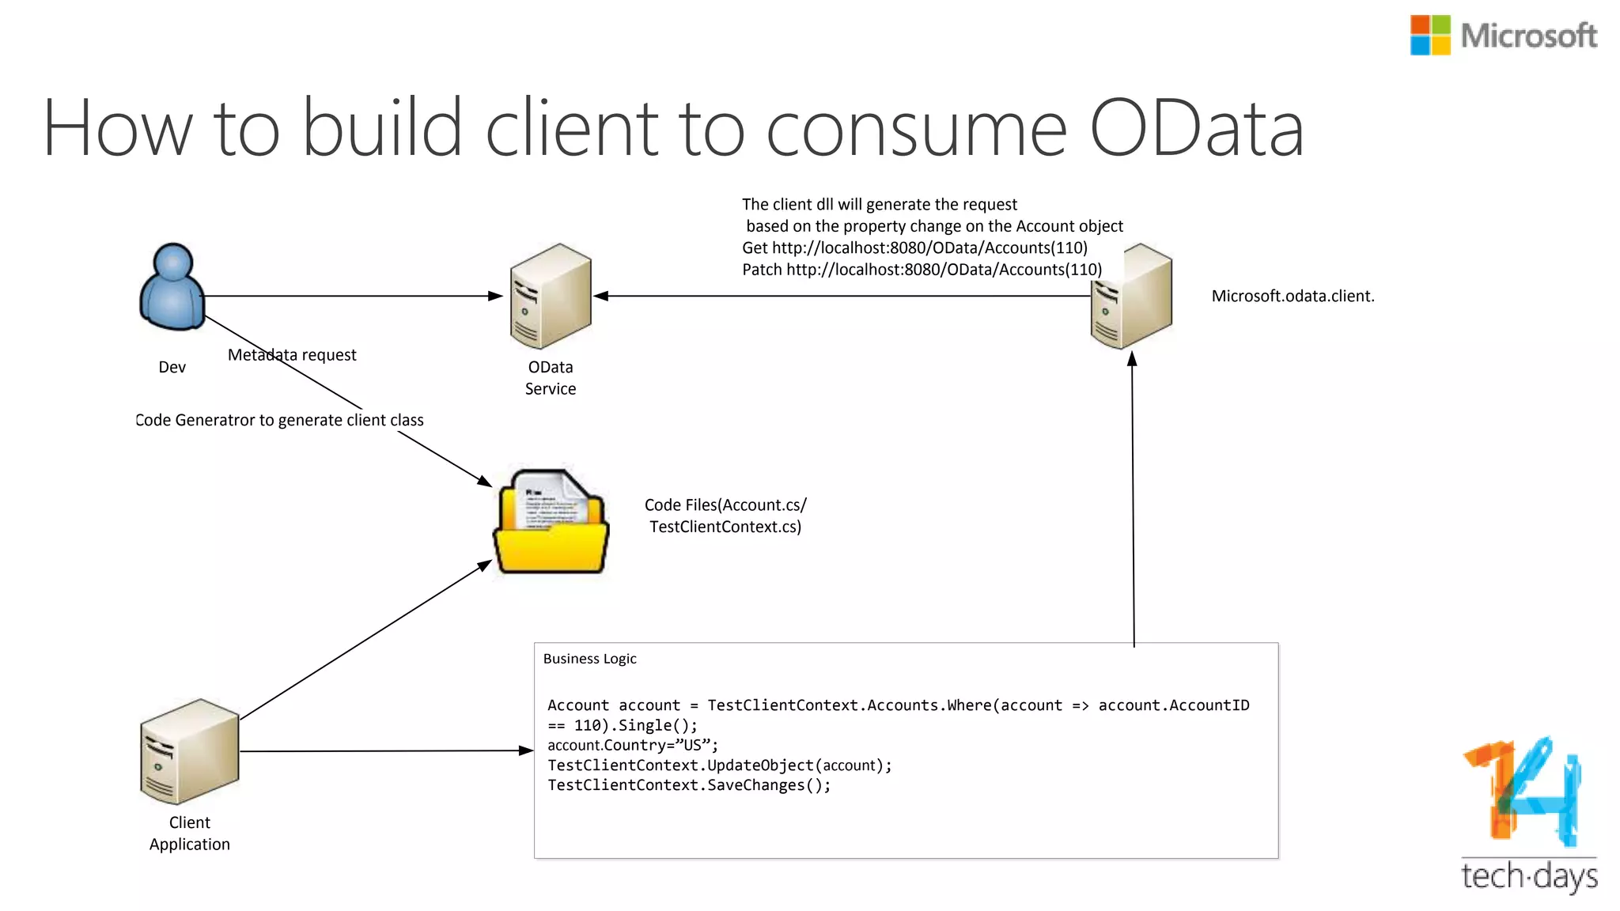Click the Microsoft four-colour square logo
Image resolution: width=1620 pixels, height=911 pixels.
coord(1429,36)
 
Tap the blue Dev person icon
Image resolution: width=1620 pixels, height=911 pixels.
coord(172,286)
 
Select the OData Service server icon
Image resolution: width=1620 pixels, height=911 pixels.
coord(551,297)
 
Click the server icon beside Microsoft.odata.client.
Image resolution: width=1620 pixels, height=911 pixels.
coord(1131,297)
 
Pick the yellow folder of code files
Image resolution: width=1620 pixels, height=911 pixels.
coord(551,522)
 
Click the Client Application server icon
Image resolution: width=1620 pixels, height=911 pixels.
coord(190,751)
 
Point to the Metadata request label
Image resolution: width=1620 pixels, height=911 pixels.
coord(292,355)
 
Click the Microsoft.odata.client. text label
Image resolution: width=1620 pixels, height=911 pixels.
coord(1293,296)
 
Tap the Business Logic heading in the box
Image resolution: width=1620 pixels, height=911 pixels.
coord(589,659)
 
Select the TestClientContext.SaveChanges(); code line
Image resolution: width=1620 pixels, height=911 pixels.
coord(689,785)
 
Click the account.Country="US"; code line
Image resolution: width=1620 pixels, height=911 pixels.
coord(633,745)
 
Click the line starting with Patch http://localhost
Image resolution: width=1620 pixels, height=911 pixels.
coord(922,270)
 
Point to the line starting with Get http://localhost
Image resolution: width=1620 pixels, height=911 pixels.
coord(914,248)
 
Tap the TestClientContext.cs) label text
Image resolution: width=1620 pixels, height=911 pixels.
coord(725,527)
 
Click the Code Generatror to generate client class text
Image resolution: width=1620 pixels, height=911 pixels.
coord(279,420)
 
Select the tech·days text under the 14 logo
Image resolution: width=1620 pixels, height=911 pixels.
coord(1528,876)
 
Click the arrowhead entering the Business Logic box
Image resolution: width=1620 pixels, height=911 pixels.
coord(526,750)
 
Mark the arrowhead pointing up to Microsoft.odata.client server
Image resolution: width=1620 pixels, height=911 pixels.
coord(1132,358)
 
